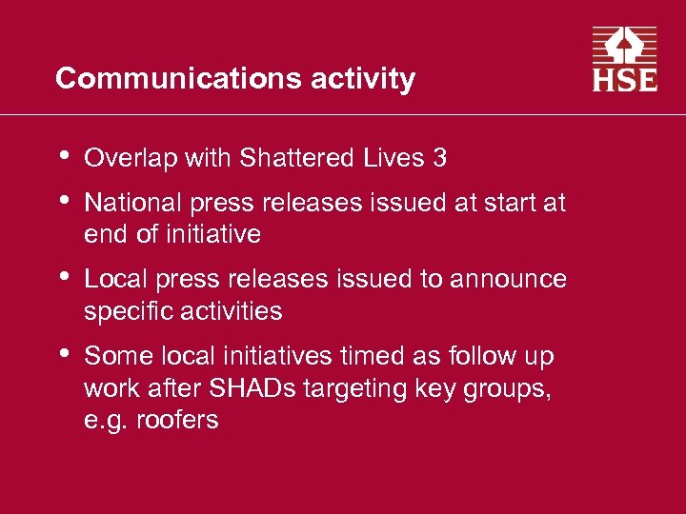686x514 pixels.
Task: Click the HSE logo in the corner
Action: [625, 59]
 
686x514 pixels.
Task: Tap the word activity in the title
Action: [363, 78]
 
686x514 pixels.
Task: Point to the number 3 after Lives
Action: [438, 158]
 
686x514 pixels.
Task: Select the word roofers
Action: [178, 419]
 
